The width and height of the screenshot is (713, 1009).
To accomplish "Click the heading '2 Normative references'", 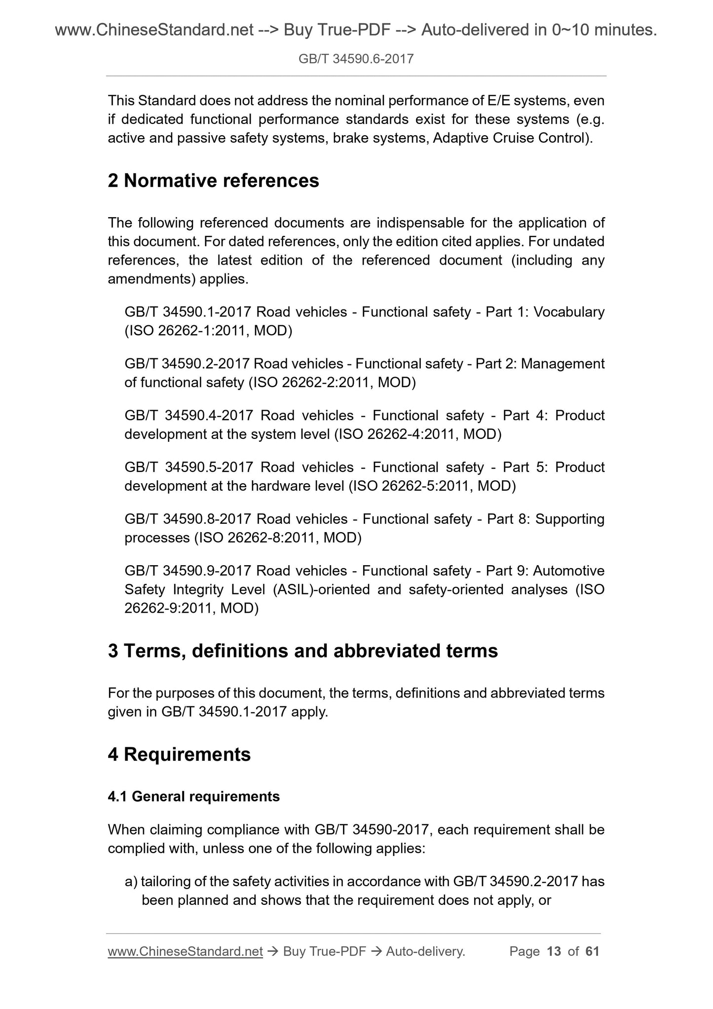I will [x=213, y=181].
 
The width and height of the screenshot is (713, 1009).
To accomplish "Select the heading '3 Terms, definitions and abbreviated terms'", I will [x=302, y=651].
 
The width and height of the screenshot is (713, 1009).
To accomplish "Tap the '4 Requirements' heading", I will [x=179, y=754].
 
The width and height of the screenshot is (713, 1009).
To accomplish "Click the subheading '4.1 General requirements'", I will [x=193, y=796].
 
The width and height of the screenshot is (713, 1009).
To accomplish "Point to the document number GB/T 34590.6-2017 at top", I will [x=356, y=60].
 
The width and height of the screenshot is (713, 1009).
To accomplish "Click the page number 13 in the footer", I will [x=554, y=951].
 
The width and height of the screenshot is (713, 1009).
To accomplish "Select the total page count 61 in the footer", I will [x=592, y=951].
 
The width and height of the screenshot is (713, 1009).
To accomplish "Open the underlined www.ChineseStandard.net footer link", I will [x=185, y=951].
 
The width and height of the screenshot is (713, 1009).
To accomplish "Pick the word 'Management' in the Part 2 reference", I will [x=563, y=364].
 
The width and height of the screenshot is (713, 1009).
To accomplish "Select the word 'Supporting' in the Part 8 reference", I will [x=569, y=519].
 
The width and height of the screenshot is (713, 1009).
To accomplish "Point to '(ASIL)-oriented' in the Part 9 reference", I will [x=320, y=589].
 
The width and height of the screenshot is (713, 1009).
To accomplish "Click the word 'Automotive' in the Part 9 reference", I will [x=568, y=571].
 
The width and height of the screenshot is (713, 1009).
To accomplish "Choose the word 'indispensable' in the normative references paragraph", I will [x=420, y=223].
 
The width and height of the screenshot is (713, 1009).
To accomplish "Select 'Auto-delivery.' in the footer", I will [x=425, y=951].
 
